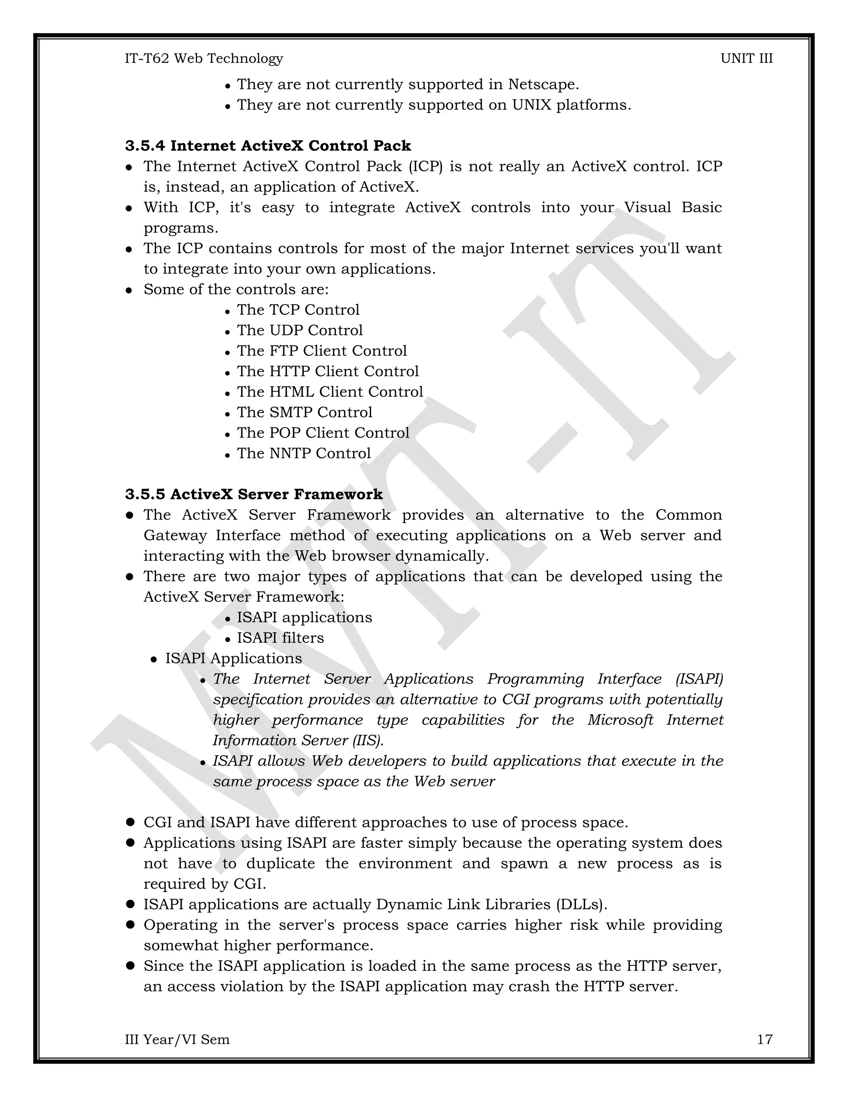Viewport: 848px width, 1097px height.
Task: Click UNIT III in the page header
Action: click(x=746, y=59)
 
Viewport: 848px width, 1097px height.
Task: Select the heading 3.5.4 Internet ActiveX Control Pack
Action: click(x=268, y=146)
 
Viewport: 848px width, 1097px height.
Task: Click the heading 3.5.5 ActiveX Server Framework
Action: click(x=254, y=494)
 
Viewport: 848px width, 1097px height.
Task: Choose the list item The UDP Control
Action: click(x=299, y=330)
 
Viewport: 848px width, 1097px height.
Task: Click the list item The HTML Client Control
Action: click(x=330, y=392)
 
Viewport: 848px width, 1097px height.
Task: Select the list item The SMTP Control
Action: click(x=304, y=412)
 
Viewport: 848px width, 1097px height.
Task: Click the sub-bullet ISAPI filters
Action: click(x=280, y=638)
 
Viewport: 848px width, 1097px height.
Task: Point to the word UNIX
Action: click(x=531, y=105)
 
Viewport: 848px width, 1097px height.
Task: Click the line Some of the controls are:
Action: click(x=236, y=289)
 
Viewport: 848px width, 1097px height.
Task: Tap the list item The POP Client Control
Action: click(x=323, y=433)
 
